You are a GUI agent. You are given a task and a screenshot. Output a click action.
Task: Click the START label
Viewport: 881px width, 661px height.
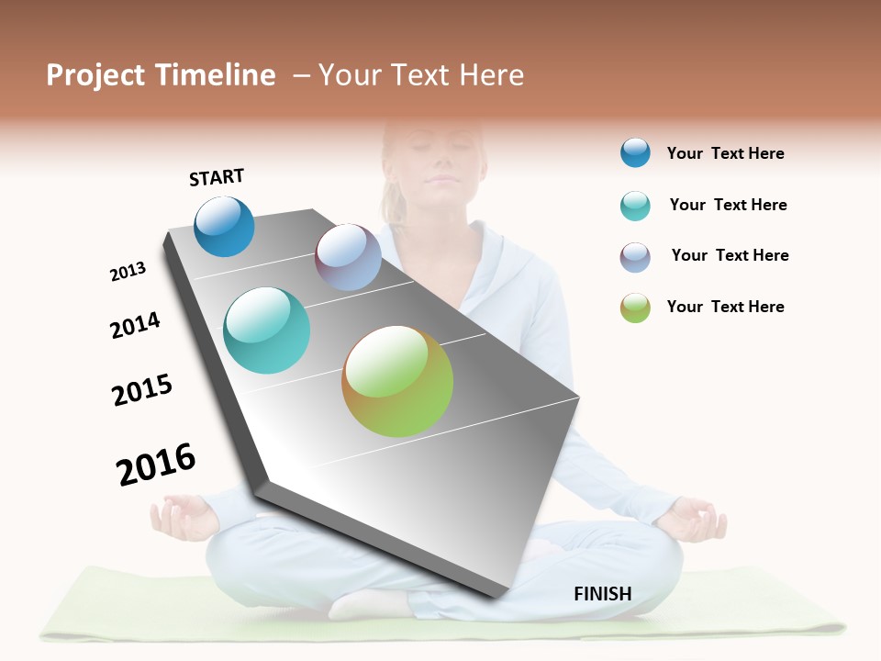tap(217, 177)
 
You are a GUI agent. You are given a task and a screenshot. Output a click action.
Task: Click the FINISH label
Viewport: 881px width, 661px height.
tap(603, 593)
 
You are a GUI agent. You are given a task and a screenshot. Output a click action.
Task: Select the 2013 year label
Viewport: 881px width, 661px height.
tap(128, 272)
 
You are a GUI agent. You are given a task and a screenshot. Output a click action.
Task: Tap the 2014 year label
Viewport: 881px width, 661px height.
tap(135, 325)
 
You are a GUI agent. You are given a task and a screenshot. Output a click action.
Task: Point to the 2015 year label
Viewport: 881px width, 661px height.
tap(142, 390)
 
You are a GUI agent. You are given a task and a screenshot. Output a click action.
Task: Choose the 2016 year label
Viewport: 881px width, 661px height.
tap(156, 465)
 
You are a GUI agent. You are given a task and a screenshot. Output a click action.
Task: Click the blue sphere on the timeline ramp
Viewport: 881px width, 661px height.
tap(224, 227)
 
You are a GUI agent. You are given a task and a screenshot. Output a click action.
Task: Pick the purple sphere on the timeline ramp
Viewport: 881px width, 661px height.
tap(348, 257)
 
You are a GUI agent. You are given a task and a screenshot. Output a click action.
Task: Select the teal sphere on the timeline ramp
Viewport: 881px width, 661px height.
tap(266, 330)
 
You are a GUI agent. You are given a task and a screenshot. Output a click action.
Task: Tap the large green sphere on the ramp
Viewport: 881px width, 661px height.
tap(397, 381)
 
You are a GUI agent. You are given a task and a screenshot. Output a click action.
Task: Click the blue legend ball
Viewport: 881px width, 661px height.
tap(635, 152)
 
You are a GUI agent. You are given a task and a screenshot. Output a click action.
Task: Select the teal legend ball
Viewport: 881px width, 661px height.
tap(635, 206)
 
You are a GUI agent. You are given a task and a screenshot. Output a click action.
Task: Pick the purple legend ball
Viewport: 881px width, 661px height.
tap(635, 257)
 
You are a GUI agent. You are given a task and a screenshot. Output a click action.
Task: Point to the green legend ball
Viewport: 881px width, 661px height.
tap(635, 308)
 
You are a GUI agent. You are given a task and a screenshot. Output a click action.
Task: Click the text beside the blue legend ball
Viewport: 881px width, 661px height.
tap(725, 153)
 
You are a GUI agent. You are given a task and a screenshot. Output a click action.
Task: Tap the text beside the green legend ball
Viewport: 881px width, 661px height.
tap(725, 307)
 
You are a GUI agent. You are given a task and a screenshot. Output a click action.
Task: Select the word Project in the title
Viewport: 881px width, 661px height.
tap(95, 75)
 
